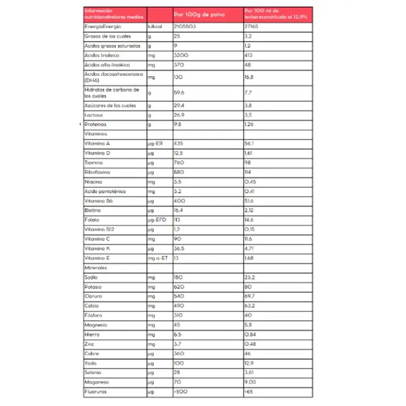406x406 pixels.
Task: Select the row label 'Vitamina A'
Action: click(x=97, y=144)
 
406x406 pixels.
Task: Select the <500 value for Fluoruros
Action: click(x=181, y=392)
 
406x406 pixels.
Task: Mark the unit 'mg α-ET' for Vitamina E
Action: click(x=158, y=258)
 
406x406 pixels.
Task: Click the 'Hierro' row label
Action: click(x=92, y=334)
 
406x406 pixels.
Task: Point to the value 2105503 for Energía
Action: click(x=185, y=26)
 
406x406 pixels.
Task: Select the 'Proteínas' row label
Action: click(x=96, y=124)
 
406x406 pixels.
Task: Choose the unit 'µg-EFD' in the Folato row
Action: click(x=157, y=220)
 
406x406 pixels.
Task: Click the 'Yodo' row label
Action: click(x=91, y=363)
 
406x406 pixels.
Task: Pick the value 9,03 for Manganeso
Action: click(x=250, y=382)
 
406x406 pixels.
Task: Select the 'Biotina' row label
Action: click(x=93, y=210)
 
